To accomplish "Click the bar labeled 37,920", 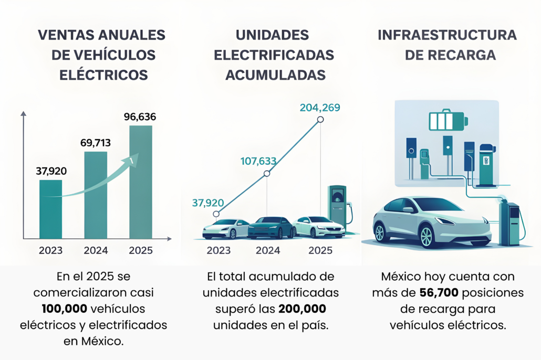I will (x=51, y=209).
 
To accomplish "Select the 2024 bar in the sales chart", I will (x=96, y=195).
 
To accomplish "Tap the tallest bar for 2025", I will (x=140, y=182).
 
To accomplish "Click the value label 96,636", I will (x=140, y=117).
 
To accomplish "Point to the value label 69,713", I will (x=96, y=143).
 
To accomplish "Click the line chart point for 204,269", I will (x=320, y=120).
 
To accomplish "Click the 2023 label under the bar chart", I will (x=50, y=250).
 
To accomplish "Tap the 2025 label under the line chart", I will (x=320, y=250).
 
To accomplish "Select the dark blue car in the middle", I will (x=272, y=227).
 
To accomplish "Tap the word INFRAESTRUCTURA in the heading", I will (x=447, y=35).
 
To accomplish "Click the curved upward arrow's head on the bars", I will (x=134, y=158).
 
